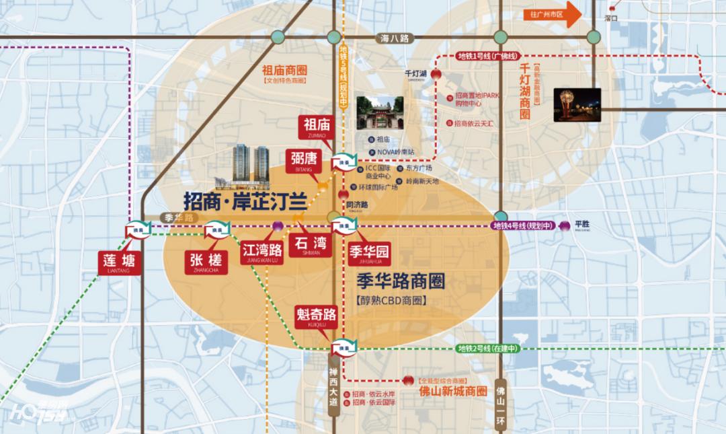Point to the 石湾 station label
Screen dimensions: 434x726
tap(310, 245)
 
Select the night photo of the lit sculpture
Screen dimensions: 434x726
tap(577, 104)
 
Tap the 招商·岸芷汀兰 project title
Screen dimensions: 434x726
tap(245, 201)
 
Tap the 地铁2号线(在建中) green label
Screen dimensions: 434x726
tap(488, 349)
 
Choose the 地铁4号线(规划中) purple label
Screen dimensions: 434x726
tap(524, 226)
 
